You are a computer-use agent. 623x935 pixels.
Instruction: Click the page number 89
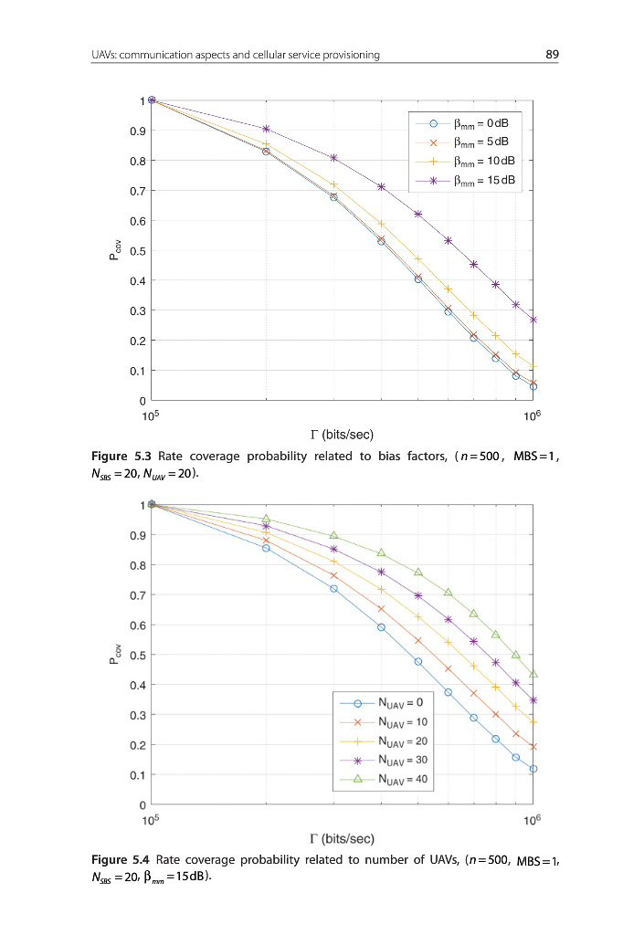click(x=552, y=55)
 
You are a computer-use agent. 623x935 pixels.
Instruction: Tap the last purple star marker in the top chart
click(x=533, y=320)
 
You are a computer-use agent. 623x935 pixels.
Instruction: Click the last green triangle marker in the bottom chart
click(x=533, y=674)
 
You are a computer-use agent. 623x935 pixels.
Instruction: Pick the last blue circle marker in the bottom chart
click(x=533, y=769)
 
